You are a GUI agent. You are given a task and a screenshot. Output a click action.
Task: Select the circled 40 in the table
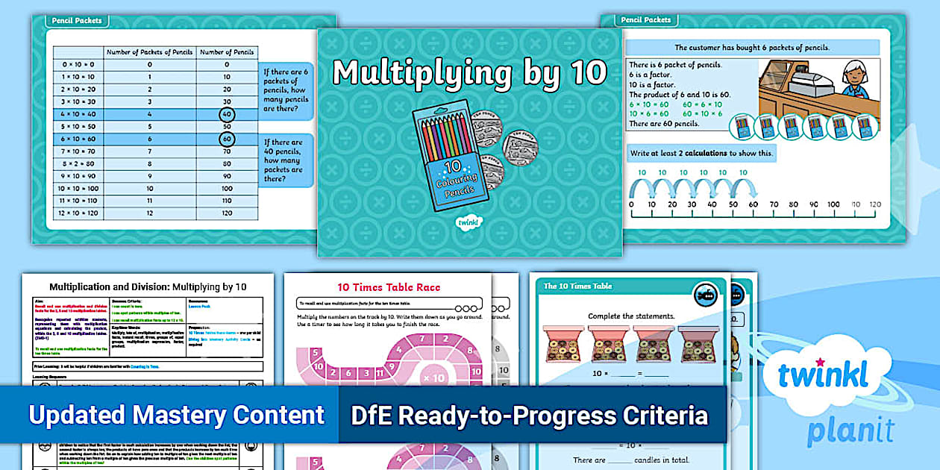(226, 115)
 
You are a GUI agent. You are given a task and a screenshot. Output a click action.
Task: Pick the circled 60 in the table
(226, 139)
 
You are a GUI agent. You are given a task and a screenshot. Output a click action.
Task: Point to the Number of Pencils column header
(227, 52)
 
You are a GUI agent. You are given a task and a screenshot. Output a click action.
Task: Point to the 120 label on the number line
(874, 204)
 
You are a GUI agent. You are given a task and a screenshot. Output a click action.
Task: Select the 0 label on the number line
(632, 204)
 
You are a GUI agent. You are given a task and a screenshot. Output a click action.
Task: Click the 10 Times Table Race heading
(389, 287)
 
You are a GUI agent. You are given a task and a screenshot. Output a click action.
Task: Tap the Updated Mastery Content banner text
(177, 415)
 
